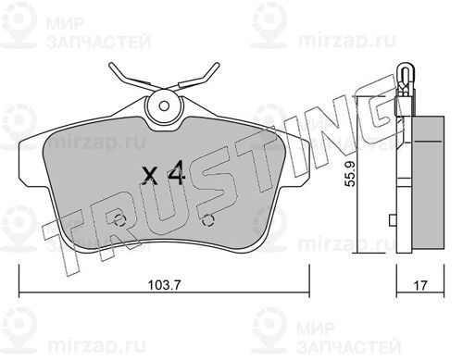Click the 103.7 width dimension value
164,284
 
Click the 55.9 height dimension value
350,174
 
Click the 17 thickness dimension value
420,285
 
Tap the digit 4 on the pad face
176,175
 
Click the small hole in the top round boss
164,106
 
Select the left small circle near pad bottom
119,220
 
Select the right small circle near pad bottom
208,220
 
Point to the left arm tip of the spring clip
111,65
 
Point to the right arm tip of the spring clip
218,65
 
